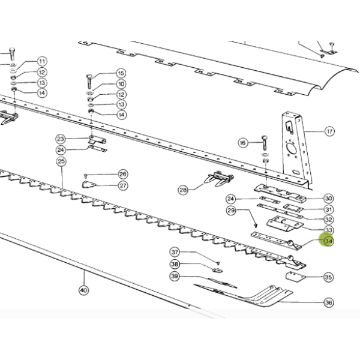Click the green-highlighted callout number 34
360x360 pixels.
coord(328,241)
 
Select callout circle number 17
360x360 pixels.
coord(329,131)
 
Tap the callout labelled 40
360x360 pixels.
coord(83,290)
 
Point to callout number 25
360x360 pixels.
coord(61,161)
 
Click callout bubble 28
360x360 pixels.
coord(183,190)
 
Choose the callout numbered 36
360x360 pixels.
coord(329,302)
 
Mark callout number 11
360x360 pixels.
coord(42,62)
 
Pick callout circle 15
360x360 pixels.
coord(121,73)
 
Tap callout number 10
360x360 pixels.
coord(121,84)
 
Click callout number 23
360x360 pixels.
coord(61,139)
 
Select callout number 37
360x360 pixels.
coord(175,252)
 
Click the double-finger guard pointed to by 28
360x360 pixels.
coord(218,178)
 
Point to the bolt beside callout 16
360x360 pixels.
coord(264,143)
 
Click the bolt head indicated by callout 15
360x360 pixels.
coord(89,76)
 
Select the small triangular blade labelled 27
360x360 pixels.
coord(89,184)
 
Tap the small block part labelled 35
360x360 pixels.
coord(296,277)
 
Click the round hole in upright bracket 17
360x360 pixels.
coord(292,149)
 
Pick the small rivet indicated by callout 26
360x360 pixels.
coord(86,176)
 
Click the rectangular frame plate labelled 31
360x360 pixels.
coord(293,208)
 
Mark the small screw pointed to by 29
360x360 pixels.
coord(256,225)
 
